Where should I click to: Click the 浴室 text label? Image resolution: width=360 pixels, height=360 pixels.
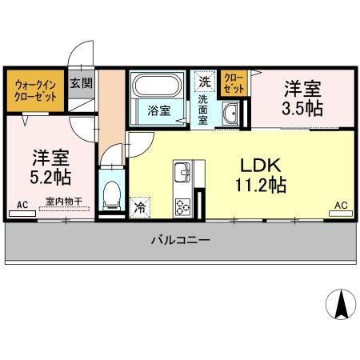(157, 111)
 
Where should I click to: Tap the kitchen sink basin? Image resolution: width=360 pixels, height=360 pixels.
(183, 172)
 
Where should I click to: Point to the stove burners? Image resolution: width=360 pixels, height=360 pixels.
(182, 205)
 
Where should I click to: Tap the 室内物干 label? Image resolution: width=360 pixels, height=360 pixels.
(63, 203)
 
